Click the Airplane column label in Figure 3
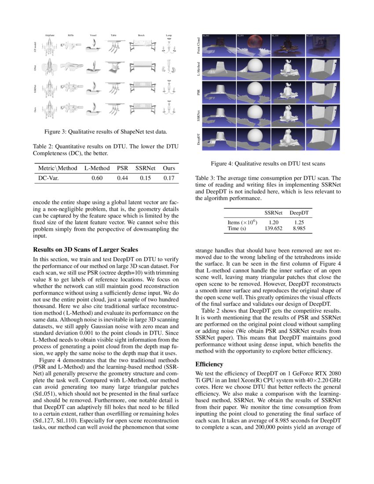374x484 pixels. [50, 35]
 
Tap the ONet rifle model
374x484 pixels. [71, 67]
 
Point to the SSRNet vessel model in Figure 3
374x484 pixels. [93, 88]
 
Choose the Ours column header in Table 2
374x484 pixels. [169, 168]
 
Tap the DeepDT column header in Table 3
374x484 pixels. [299, 213]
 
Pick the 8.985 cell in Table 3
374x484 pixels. [299, 228]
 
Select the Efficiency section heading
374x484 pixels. [209, 364]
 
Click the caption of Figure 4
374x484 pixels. [268, 164]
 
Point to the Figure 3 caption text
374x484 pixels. [105, 132]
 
